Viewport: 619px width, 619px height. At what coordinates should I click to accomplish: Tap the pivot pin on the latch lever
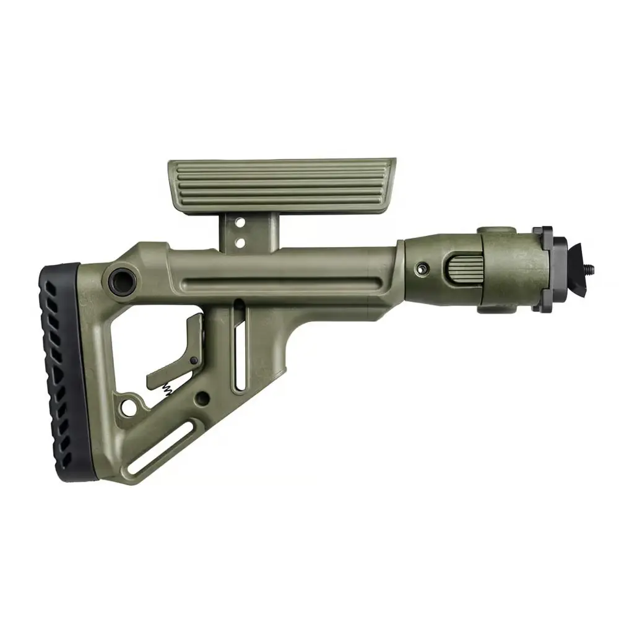(194, 360)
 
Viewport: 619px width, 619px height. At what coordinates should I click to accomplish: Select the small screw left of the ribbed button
(423, 268)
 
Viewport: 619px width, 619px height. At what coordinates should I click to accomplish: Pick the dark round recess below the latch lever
(202, 397)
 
